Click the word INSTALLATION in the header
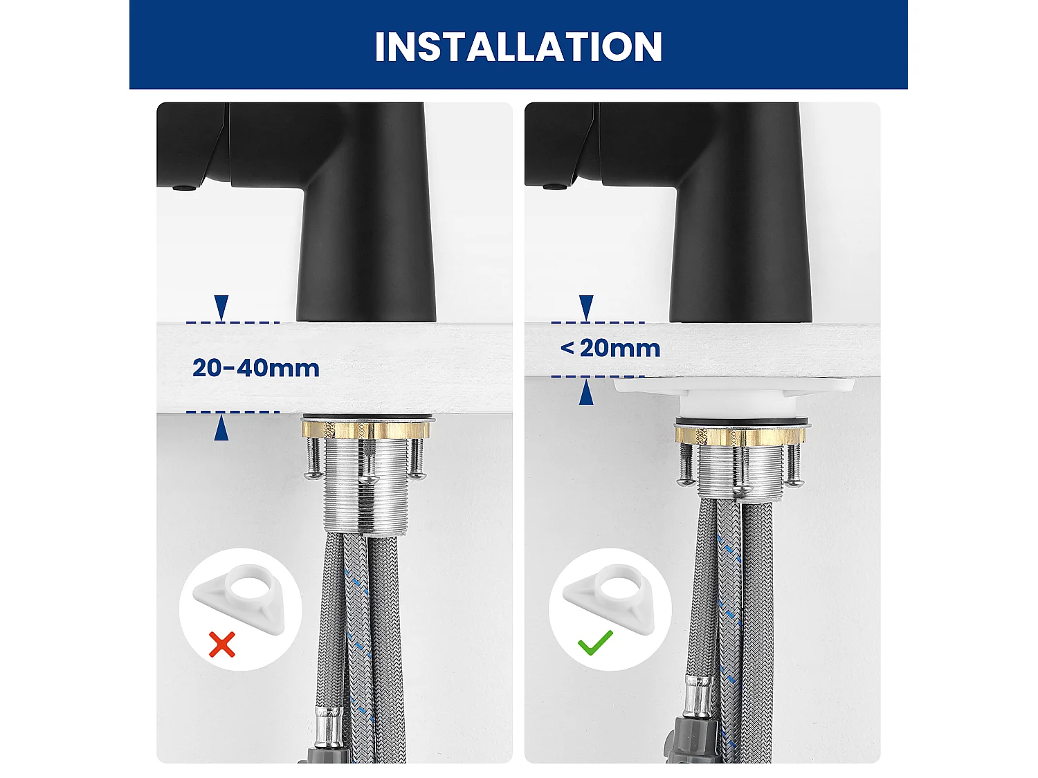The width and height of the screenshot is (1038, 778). click(518, 46)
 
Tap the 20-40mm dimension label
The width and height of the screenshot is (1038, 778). click(256, 367)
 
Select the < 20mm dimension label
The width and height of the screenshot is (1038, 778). click(610, 348)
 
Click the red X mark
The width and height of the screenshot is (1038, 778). click(222, 645)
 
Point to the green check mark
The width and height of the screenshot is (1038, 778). click(595, 642)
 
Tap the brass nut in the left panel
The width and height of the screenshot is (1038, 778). click(365, 429)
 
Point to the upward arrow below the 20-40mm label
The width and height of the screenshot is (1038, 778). click(221, 429)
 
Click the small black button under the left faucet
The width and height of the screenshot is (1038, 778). click(183, 187)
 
